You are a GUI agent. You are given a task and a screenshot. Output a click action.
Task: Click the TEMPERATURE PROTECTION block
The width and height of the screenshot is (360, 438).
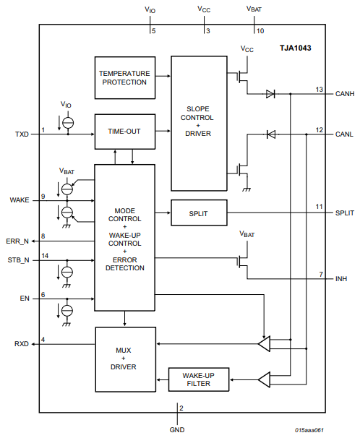click(125, 77)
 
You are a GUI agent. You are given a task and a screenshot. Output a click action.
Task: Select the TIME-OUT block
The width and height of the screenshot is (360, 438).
click(125, 132)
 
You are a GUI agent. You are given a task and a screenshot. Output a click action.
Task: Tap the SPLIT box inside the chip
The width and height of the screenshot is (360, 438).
click(199, 212)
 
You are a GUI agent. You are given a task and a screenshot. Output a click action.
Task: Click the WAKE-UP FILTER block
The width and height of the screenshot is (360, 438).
click(199, 379)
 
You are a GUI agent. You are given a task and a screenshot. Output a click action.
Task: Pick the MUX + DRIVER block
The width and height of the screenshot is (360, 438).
click(125, 359)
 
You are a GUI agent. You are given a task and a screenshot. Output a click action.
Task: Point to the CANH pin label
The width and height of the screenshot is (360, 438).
click(345, 94)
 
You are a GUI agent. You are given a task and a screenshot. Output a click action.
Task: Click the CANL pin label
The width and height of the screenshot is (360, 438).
click(344, 134)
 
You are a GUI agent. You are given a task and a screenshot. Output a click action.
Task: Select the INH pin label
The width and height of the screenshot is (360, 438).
click(341, 279)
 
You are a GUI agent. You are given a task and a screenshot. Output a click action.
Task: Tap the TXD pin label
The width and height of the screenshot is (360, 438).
click(22, 134)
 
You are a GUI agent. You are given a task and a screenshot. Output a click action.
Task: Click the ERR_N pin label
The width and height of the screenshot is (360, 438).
click(17, 241)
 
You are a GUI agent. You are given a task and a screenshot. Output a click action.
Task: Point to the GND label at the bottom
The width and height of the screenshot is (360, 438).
click(177, 429)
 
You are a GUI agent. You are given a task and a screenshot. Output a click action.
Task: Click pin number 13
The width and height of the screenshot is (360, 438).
click(320, 90)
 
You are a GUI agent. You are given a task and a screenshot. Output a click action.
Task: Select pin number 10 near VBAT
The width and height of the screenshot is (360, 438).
click(260, 31)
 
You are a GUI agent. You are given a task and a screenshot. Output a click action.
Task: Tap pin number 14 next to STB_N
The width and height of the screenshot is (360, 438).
click(45, 256)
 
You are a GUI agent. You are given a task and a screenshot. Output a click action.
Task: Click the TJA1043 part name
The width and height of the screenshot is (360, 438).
click(296, 48)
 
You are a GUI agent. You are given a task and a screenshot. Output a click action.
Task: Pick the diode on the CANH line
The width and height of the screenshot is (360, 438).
click(270, 94)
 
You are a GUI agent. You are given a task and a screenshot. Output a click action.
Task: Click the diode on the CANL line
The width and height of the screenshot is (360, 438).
click(271, 134)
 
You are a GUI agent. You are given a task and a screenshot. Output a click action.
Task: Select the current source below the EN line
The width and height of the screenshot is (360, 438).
click(67, 310)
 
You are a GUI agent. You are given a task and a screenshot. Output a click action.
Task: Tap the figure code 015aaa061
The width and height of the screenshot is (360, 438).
click(309, 430)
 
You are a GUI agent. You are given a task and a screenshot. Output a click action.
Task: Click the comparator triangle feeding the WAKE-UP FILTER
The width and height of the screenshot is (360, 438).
click(264, 379)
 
